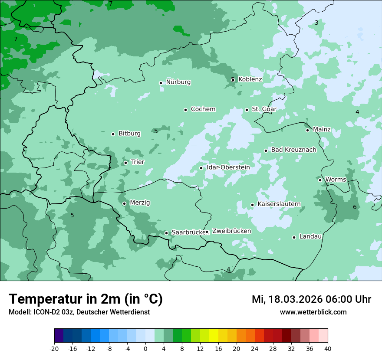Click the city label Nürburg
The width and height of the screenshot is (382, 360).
(x=178, y=82)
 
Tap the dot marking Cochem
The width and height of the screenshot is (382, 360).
(x=185, y=110)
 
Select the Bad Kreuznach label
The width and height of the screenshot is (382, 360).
(x=293, y=150)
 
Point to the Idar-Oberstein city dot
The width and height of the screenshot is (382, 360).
(x=201, y=168)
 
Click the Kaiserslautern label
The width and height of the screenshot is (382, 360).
(x=279, y=204)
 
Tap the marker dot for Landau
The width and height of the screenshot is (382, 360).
(x=294, y=237)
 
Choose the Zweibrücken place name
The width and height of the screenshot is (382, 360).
(x=231, y=231)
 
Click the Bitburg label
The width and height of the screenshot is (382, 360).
(x=129, y=134)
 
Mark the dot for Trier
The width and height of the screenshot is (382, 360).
(x=125, y=163)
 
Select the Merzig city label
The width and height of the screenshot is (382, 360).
(x=140, y=203)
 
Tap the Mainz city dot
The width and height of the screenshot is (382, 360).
(x=307, y=130)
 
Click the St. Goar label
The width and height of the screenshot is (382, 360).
(x=264, y=109)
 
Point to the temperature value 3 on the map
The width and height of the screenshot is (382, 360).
(x=316, y=23)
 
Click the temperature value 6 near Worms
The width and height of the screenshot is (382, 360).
(x=355, y=207)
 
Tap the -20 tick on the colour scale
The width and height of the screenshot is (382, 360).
(x=54, y=348)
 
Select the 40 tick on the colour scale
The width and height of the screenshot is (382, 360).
(x=328, y=348)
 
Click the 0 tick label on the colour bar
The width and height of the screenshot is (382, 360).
(x=145, y=348)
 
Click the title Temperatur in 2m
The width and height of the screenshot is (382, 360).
(x=86, y=299)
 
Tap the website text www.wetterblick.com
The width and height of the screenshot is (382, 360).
(x=313, y=312)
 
